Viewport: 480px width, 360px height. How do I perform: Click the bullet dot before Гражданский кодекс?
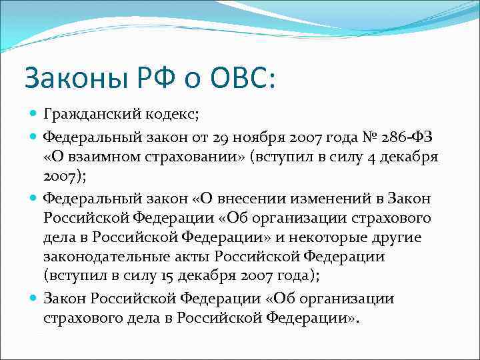(x=33, y=115)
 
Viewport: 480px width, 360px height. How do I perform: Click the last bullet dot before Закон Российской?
(x=33, y=299)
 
